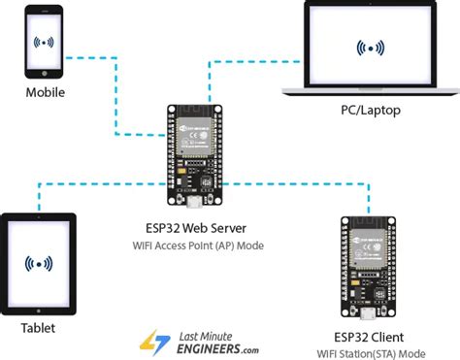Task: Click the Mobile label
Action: click(x=46, y=93)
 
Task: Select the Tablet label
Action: click(x=39, y=327)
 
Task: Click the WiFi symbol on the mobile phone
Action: click(x=46, y=43)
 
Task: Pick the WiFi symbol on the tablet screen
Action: click(x=39, y=262)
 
